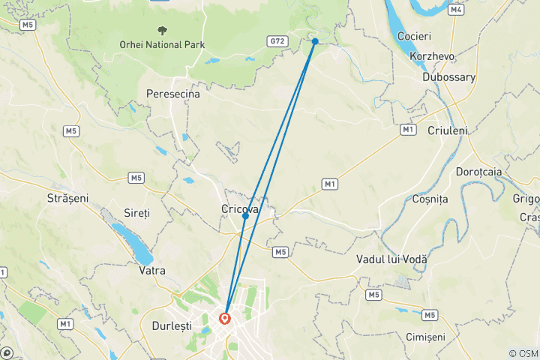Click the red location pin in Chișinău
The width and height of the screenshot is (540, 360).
[224, 318]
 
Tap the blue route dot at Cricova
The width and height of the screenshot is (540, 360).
[245, 216]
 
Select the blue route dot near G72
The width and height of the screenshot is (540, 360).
[315, 41]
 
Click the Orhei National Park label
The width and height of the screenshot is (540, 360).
[162, 45]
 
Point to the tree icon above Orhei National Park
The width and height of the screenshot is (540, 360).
[162, 31]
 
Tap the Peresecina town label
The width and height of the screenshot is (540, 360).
[173, 95]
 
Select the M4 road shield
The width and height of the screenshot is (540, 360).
[456, 10]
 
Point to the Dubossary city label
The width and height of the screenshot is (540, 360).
[450, 76]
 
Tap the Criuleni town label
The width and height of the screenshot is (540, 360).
[447, 130]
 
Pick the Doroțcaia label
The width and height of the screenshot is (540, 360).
[478, 172]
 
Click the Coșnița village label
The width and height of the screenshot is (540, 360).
[430, 199]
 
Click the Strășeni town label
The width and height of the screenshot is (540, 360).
[67, 199]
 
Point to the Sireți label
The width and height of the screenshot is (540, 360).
[137, 213]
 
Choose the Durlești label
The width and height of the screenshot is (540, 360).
[171, 326]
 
